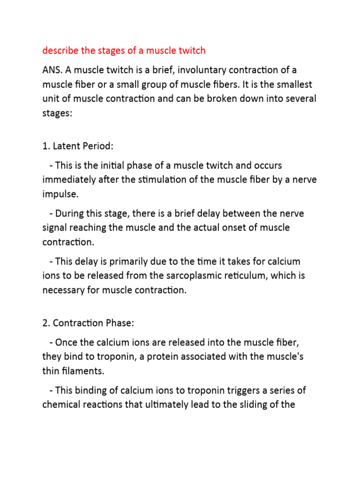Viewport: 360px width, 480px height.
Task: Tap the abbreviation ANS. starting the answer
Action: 52,70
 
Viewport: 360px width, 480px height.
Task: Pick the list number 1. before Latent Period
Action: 46,146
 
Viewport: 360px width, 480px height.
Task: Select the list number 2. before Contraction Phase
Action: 47,323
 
